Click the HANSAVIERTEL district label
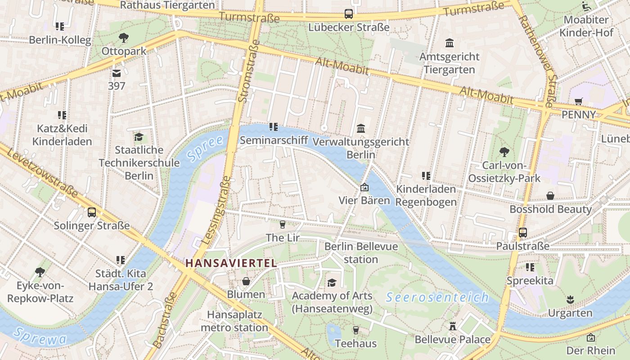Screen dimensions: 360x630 231,263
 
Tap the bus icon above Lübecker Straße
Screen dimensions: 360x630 349,14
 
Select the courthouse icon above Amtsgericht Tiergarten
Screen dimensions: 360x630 449,43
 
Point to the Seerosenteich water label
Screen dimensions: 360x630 437,297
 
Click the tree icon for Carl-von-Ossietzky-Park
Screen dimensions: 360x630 504,152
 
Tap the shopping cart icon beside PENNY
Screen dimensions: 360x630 578,101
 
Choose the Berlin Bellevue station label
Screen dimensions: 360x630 361,252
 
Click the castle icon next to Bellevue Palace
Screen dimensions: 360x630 453,326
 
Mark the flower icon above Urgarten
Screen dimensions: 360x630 570,299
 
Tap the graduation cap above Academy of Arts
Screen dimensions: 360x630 332,283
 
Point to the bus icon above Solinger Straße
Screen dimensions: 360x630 92,212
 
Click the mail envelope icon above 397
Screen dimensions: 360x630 117,73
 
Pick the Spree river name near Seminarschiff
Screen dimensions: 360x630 205,148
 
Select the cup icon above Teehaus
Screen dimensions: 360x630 355,330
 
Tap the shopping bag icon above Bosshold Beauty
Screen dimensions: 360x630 550,196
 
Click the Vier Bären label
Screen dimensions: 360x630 364,200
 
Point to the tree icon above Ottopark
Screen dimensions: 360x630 124,38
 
